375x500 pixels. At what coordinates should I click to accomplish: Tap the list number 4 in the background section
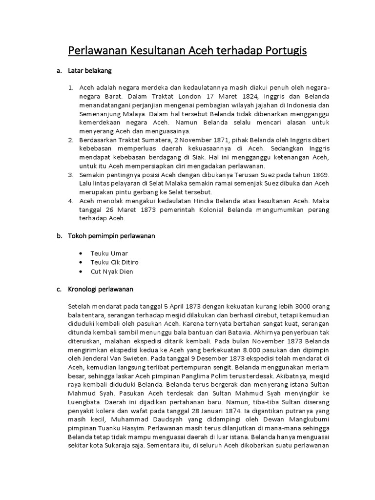[x=70, y=201]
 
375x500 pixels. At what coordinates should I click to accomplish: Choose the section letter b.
[x=59, y=236]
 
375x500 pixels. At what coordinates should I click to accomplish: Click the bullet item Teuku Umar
[x=108, y=253]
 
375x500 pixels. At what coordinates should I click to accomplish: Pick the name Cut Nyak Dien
[x=111, y=271]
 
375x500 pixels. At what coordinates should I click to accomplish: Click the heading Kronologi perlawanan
[x=101, y=289]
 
